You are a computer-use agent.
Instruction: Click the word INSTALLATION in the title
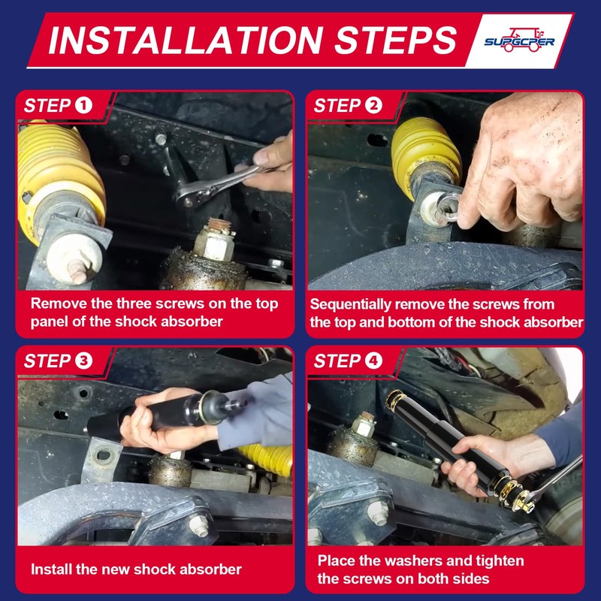pyautogui.click(x=186, y=41)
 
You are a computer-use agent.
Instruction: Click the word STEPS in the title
pyautogui.click(x=396, y=41)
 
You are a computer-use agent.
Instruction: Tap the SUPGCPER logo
pyautogui.click(x=519, y=41)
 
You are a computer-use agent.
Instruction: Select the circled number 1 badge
pyautogui.click(x=83, y=105)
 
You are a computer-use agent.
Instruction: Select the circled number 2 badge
pyautogui.click(x=373, y=105)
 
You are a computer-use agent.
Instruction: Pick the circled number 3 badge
pyautogui.click(x=83, y=361)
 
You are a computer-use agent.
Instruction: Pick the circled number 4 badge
pyautogui.click(x=373, y=361)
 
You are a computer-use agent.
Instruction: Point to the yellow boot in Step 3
pyautogui.click(x=266, y=460)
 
